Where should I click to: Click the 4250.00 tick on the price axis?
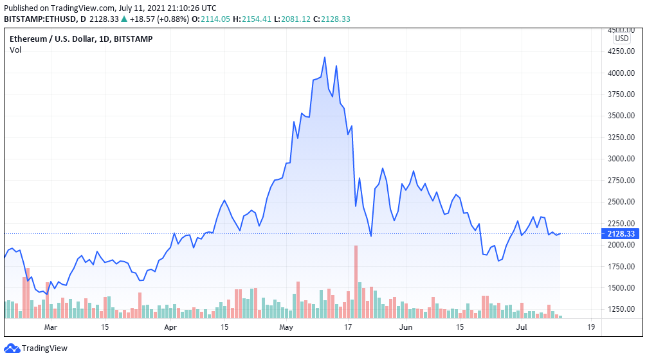[x=620, y=52]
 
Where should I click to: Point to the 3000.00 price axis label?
[x=620, y=159]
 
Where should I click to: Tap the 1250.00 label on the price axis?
[x=620, y=309]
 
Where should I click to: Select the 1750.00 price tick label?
[x=620, y=266]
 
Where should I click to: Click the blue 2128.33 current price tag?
[x=620, y=234]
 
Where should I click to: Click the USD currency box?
[x=621, y=38]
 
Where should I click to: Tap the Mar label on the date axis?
[x=51, y=327]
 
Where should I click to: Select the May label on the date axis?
[x=287, y=327]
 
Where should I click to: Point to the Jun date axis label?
[x=405, y=327]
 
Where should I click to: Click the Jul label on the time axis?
[x=522, y=327]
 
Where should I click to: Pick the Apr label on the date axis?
[x=170, y=327]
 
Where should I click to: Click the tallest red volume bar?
[x=355, y=282]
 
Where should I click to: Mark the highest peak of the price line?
[x=325, y=57]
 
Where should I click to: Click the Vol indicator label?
[x=15, y=50]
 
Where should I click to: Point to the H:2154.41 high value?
[x=255, y=19]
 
